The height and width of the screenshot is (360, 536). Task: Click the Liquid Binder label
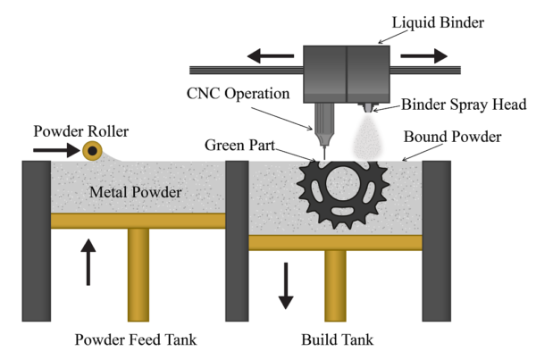click(x=438, y=22)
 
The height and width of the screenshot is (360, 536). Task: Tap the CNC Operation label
click(x=238, y=94)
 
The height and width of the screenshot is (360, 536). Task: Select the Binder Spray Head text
click(x=464, y=105)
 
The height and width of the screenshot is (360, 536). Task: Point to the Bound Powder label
click(x=453, y=137)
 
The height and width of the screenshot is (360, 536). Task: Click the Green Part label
click(x=240, y=146)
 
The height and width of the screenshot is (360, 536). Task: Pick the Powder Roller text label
click(x=81, y=131)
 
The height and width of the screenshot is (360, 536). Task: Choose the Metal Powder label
click(x=136, y=192)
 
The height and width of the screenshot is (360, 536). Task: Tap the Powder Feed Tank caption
click(x=136, y=339)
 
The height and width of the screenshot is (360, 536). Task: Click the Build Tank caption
click(x=338, y=339)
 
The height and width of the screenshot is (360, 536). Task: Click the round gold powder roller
click(x=92, y=151)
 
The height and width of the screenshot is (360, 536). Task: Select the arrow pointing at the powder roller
click(x=56, y=150)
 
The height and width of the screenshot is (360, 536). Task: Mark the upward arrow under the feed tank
click(x=88, y=262)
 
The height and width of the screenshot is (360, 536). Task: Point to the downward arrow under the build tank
click(x=286, y=286)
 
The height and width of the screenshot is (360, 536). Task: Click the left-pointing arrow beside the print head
click(x=271, y=55)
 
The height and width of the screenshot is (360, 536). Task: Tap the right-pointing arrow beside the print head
click(x=423, y=55)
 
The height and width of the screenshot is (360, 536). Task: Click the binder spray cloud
click(x=367, y=138)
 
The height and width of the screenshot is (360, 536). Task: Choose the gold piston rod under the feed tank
click(x=138, y=275)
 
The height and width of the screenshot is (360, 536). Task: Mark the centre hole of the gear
click(x=343, y=183)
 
